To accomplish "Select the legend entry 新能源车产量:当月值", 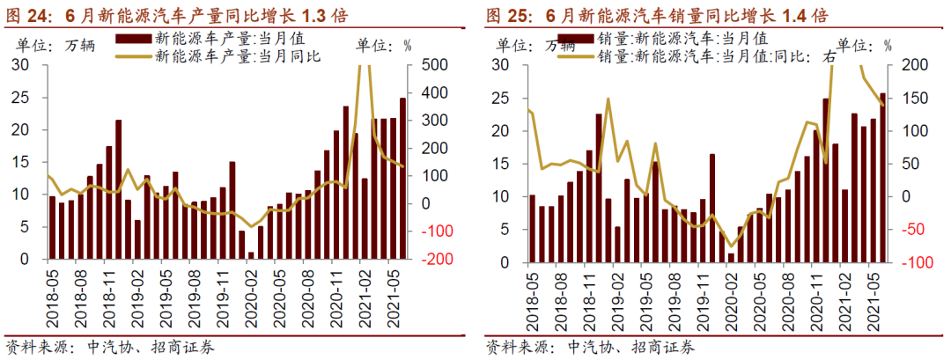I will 219,39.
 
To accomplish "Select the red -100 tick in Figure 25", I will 906,262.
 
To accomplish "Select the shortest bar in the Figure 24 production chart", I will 251,256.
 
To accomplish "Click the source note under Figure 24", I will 110,347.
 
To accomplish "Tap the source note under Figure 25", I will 589,347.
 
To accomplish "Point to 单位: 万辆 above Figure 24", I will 63,44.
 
